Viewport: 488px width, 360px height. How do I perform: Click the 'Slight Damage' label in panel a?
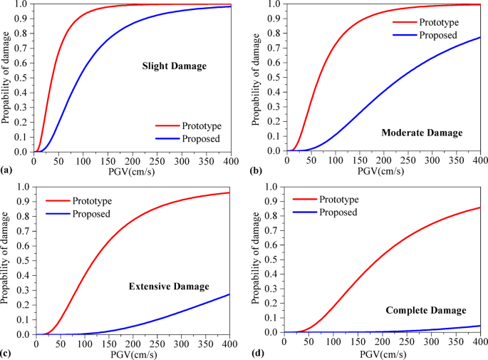[174, 66]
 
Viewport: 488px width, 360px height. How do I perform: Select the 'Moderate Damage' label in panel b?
[422, 133]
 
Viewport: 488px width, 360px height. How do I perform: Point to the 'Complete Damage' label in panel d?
[426, 311]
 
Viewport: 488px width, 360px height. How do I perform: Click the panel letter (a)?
[6, 171]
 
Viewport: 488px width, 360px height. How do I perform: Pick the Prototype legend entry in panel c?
[92, 201]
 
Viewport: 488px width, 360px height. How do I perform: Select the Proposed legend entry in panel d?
[345, 212]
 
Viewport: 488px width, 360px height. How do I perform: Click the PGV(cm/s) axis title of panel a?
[133, 171]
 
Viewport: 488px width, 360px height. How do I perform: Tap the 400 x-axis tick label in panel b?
[480, 160]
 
